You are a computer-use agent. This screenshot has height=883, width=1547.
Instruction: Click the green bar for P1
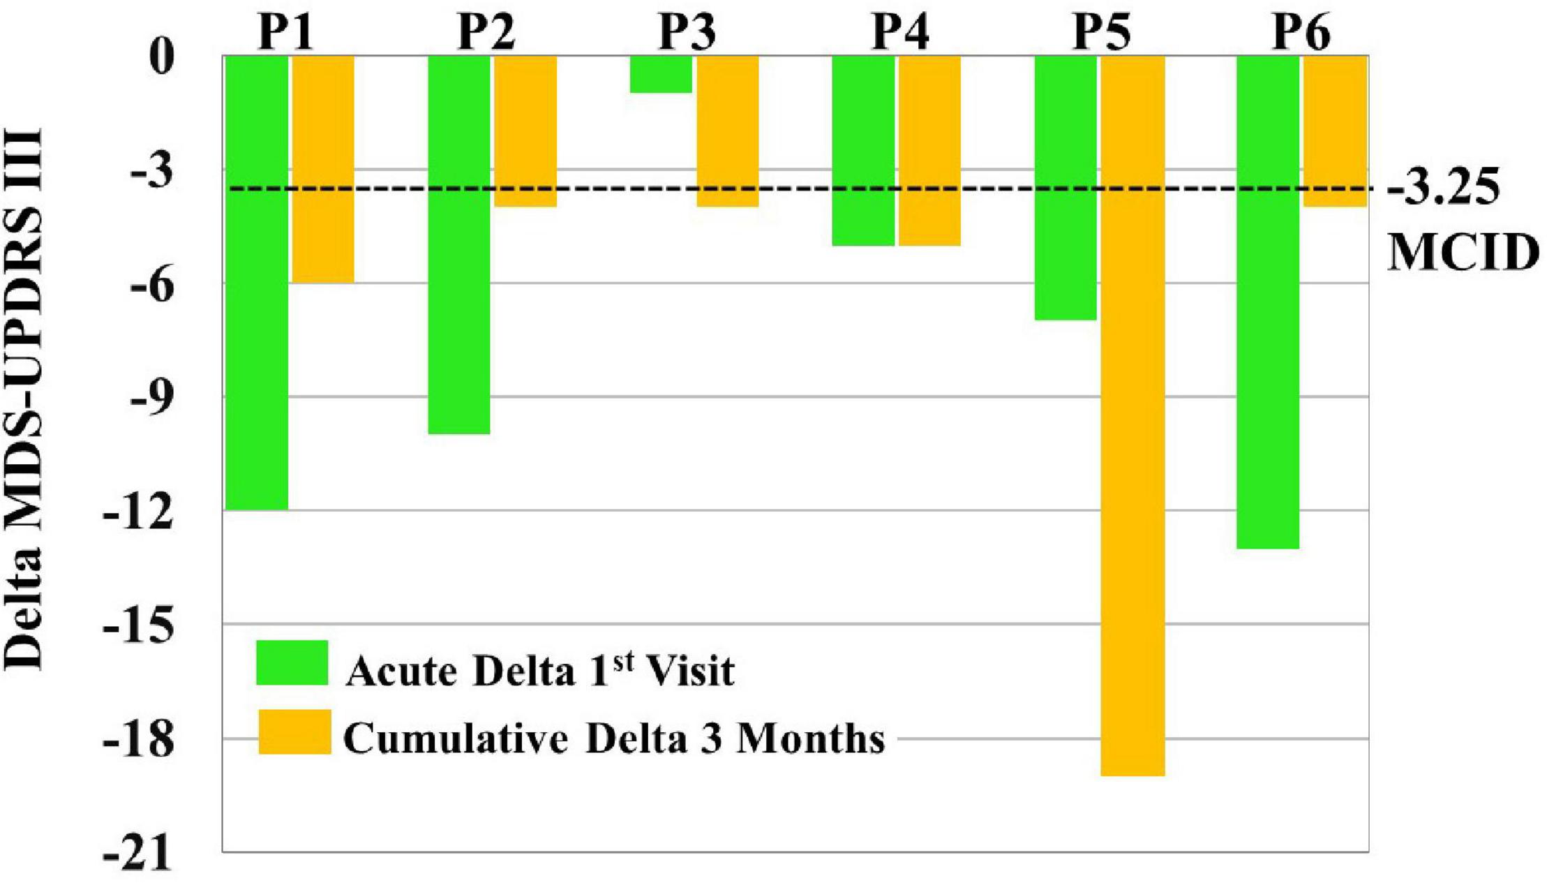click(256, 283)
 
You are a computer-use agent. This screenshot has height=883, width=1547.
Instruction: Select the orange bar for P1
click(322, 169)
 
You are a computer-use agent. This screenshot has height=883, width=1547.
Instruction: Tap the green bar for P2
click(458, 244)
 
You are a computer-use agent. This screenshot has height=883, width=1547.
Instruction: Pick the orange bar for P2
click(525, 131)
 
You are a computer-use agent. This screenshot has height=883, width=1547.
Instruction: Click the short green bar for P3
click(660, 74)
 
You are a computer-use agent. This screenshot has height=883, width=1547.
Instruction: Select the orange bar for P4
click(929, 150)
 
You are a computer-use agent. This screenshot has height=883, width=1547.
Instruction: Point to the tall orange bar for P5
click(1132, 415)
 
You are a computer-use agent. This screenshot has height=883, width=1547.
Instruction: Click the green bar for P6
click(1267, 302)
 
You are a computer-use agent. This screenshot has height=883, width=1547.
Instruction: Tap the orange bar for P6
click(1334, 131)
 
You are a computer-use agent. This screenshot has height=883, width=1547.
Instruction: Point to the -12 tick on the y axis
click(137, 511)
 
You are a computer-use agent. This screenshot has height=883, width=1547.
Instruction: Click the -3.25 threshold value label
click(1443, 188)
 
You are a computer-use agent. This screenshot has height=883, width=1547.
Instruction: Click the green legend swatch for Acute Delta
click(292, 662)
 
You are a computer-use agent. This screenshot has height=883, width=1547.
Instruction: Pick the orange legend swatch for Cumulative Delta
click(294, 732)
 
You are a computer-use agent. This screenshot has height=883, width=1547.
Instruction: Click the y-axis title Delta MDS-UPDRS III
click(24, 398)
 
